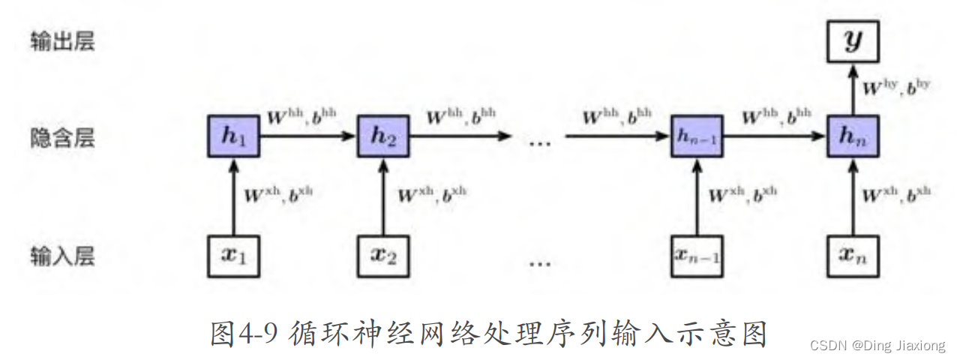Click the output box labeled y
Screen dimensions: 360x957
pyautogui.click(x=853, y=42)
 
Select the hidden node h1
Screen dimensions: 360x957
pyautogui.click(x=232, y=136)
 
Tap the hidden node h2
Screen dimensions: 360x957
pyautogui.click(x=383, y=136)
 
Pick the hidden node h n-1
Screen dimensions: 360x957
pyautogui.click(x=696, y=136)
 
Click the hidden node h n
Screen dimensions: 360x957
pyautogui.click(x=853, y=136)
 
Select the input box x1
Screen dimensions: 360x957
pyautogui.click(x=232, y=256)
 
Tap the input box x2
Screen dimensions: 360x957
pyautogui.click(x=383, y=256)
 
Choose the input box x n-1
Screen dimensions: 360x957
pyautogui.click(x=696, y=256)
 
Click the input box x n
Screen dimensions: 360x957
pyautogui.click(x=853, y=256)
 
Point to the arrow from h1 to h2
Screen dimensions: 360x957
pyautogui.click(x=307, y=136)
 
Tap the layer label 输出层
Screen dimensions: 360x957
pyautogui.click(x=63, y=40)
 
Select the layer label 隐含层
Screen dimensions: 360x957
pyautogui.click(x=63, y=138)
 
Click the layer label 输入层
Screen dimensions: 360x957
pyautogui.click(x=63, y=257)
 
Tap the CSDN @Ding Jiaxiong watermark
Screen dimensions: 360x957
pyautogui.click(x=877, y=346)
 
